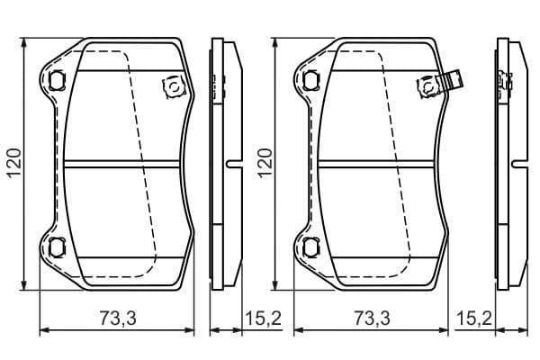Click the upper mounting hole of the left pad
tap(57, 79)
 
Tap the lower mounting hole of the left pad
tap(57, 247)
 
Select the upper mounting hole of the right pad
tap(310, 79)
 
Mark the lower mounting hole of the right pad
tap(310, 247)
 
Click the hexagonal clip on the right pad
tap(424, 86)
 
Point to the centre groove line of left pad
tap(126, 164)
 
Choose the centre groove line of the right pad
tap(380, 164)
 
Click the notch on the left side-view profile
tap(232, 164)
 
